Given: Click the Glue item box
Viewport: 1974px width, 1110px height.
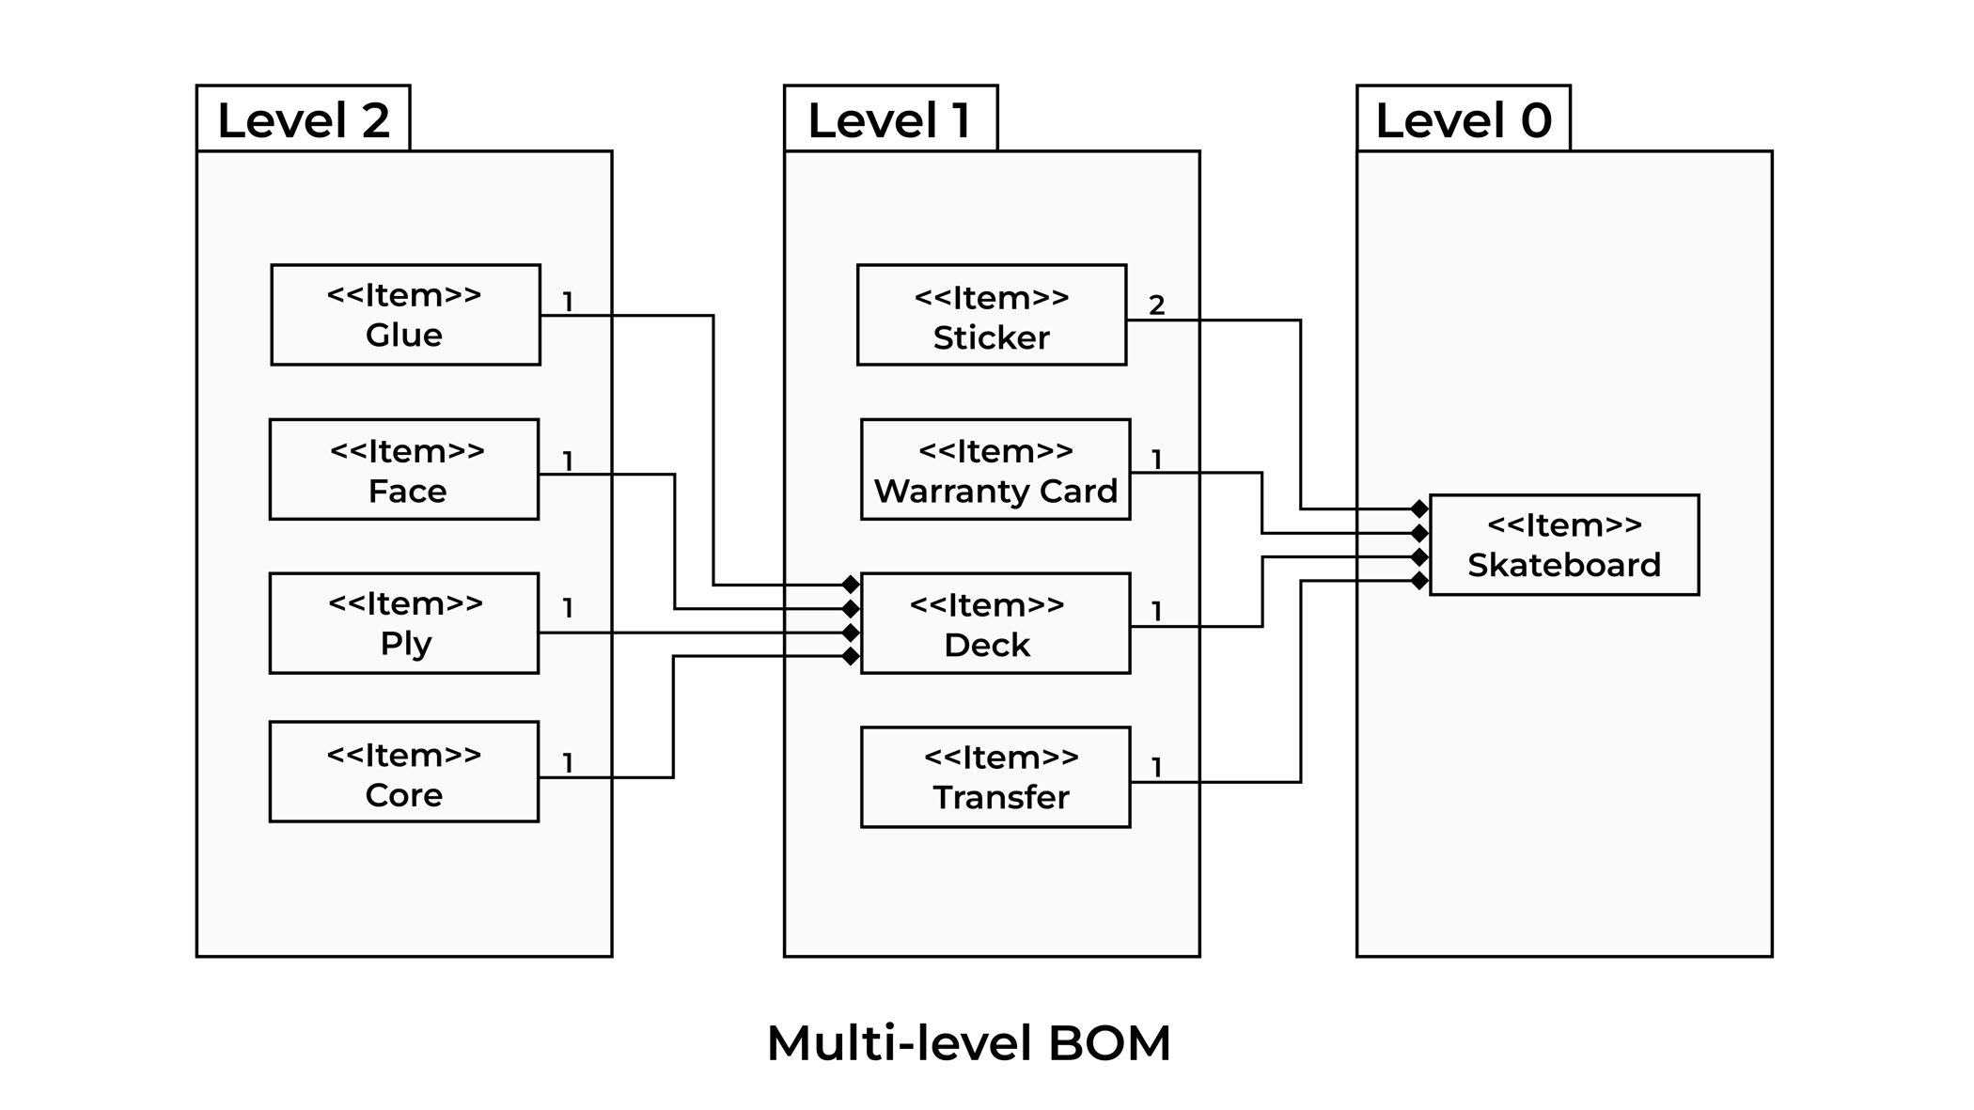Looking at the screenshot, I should tap(405, 315).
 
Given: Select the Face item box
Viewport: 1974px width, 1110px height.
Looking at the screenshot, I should tap(404, 469).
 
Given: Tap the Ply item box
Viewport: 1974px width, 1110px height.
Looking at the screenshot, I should tap(404, 623).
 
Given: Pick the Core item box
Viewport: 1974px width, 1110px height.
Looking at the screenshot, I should tap(404, 772).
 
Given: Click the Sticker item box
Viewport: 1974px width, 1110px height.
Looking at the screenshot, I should tap(992, 315).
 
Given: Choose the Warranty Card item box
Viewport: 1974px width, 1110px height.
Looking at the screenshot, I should tap(995, 469).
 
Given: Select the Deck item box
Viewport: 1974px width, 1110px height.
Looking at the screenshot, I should tap(995, 623).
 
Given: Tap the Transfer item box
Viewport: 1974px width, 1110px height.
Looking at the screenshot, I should tap(995, 777).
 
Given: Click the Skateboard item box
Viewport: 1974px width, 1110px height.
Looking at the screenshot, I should tap(1564, 545).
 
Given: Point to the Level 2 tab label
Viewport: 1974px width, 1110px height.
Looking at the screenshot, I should tap(303, 120).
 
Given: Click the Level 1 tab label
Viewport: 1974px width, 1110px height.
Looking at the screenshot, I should tap(889, 120).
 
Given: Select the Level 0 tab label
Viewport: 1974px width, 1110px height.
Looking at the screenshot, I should tap(1463, 120).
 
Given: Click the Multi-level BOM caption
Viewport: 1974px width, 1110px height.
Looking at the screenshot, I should tap(968, 1043).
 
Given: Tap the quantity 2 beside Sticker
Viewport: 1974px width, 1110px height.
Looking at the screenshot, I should tap(1157, 305).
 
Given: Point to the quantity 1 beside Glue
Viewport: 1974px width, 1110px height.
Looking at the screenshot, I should tap(568, 302).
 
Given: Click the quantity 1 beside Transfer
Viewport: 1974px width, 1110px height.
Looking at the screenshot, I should tap(1157, 768).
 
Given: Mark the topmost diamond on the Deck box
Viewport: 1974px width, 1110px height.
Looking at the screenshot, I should tap(851, 585).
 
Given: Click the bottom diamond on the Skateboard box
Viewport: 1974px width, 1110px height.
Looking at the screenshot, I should tap(1419, 582).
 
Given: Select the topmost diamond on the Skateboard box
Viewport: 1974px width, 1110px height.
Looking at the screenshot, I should tap(1419, 509).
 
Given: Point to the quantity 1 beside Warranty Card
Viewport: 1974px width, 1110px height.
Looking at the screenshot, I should tap(1157, 460).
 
